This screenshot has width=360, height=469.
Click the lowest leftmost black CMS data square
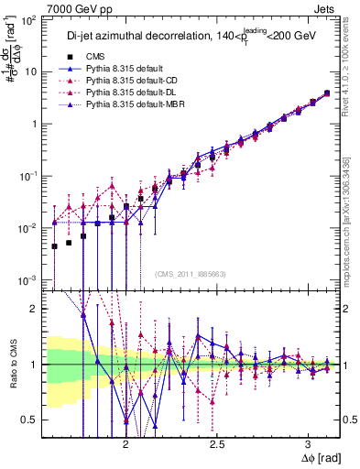point(54,246)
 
